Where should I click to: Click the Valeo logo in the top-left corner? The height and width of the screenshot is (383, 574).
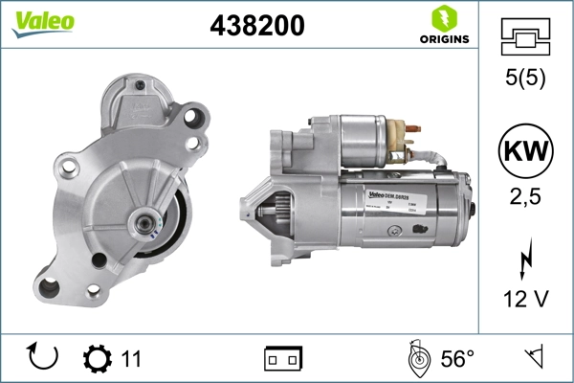pos(36,22)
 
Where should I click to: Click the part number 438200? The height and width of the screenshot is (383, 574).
pos(256,26)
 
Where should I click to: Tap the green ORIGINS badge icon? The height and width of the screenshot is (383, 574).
pos(442,18)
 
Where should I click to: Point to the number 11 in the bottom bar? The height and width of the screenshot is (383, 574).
pos(131,359)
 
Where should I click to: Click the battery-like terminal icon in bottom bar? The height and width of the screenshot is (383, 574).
pos(283,359)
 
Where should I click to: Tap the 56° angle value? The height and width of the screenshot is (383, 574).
pos(457,359)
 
